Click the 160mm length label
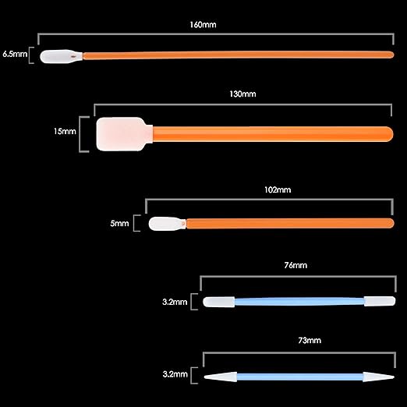point(203,25)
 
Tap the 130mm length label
point(242,94)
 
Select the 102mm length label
point(278,189)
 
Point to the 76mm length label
point(296,265)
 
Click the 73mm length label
point(310,340)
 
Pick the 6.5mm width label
point(15,54)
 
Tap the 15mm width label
point(65,131)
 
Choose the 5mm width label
point(119,223)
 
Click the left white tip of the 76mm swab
point(219,302)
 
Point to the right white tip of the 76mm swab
point(380,301)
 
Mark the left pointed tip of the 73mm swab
point(204,377)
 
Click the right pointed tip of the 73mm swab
point(395,377)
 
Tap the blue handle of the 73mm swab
point(300,377)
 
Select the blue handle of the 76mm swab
point(299,302)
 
